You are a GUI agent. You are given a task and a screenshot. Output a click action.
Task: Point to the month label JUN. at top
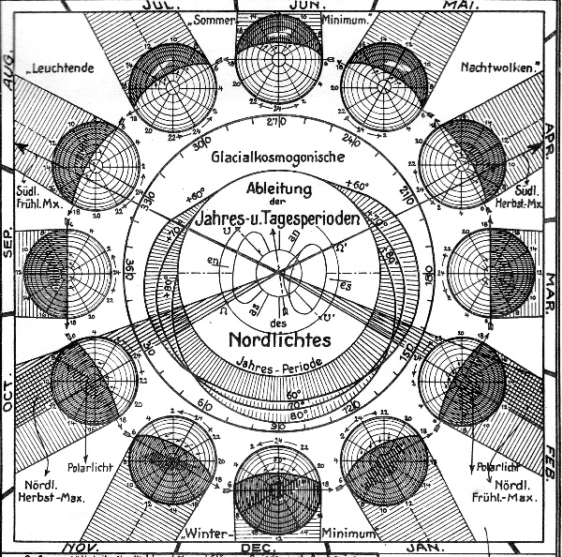pyautogui.click(x=280, y=5)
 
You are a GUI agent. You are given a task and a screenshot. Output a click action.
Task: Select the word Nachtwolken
pyautogui.click(x=496, y=68)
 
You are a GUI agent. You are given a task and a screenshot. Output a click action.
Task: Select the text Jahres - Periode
pyautogui.click(x=278, y=362)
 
